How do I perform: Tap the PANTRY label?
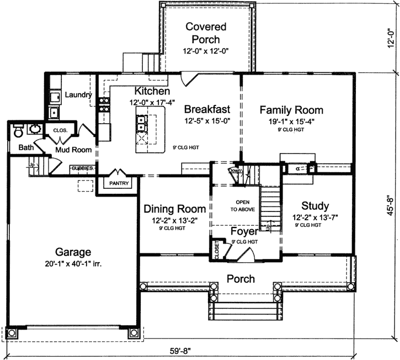click(x=119, y=182)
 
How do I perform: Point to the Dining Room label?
click(x=175, y=209)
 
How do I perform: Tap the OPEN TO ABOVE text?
click(x=239, y=205)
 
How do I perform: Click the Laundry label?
click(x=78, y=95)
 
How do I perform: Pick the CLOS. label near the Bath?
click(x=60, y=130)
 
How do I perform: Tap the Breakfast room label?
click(x=207, y=109)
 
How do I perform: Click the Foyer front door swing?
click(x=243, y=256)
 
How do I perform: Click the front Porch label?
click(x=241, y=279)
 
